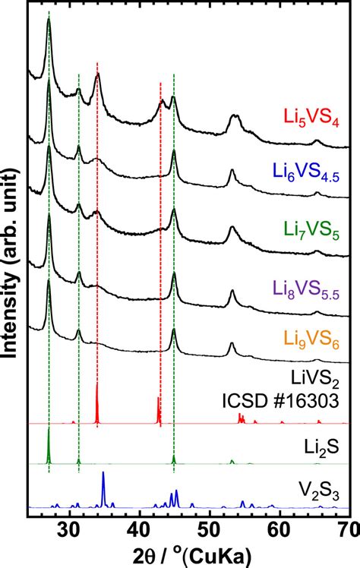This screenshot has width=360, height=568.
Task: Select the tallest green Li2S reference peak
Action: pos(49,430)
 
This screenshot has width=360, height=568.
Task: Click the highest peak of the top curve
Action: pos(49,21)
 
